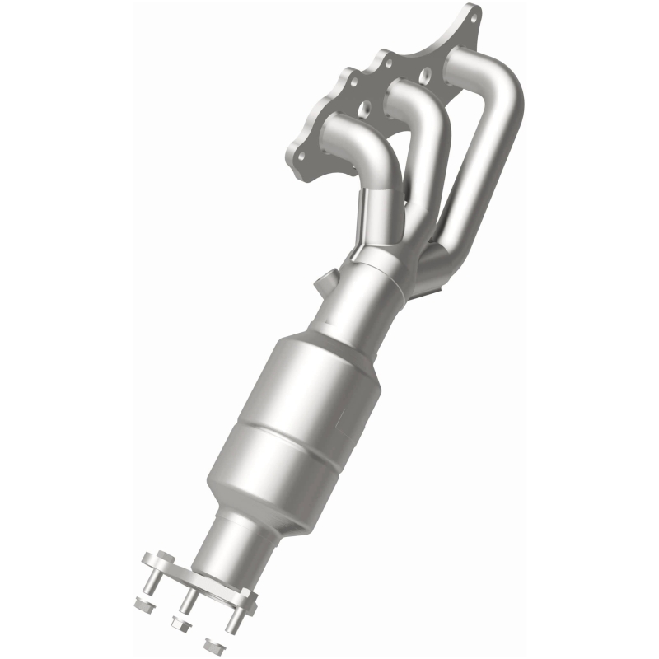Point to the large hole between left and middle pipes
[x=362, y=107]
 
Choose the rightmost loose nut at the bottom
[x=213, y=643]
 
